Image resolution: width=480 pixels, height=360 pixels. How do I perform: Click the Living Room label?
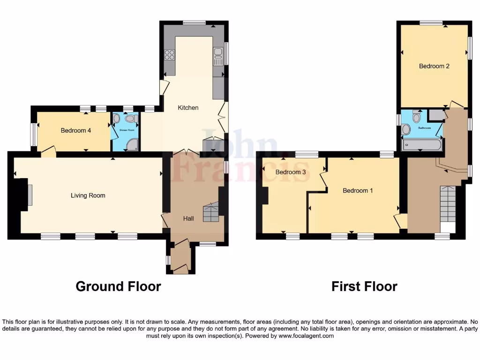point(88,195)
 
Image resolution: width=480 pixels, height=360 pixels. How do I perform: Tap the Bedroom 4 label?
point(76,131)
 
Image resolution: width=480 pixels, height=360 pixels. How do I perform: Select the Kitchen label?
point(188,108)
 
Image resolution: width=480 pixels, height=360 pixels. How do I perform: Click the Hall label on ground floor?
point(188,218)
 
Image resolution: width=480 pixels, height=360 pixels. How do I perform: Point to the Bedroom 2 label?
point(434,66)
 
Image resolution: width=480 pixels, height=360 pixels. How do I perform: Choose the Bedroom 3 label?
point(291,172)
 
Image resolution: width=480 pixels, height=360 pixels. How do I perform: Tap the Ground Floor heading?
point(118,286)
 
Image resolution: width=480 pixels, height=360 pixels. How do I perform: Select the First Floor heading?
point(364,286)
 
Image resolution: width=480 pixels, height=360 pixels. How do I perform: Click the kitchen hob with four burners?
point(169,55)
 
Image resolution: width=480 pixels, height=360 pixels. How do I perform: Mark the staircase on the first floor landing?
point(448,204)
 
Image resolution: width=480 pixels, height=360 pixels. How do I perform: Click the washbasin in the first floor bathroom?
point(406,129)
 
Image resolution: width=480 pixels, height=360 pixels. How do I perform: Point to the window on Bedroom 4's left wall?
point(34,135)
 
